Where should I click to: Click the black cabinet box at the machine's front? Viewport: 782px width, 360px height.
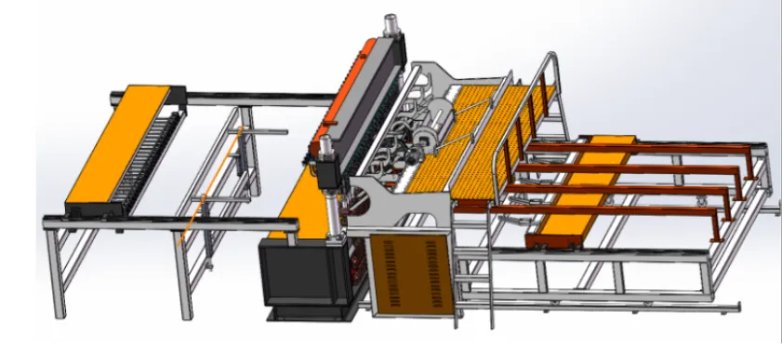295,271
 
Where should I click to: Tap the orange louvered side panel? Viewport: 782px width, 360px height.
410,271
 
